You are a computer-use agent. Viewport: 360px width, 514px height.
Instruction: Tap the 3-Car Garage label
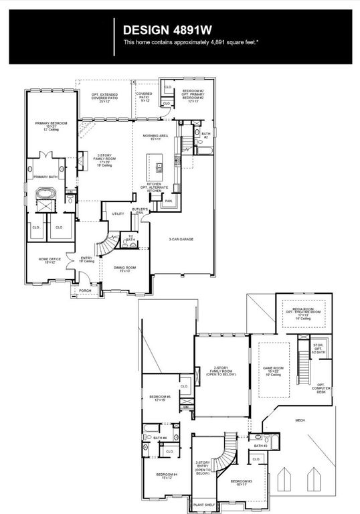[181, 239]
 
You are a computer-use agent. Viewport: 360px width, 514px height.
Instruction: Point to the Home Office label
[50, 260]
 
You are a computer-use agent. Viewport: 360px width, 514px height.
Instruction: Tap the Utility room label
[118, 213]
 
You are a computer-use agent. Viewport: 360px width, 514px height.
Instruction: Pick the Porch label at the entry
[85, 291]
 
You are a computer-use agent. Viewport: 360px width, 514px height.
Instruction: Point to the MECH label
[300, 420]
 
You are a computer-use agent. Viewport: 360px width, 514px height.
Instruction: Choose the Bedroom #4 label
[167, 477]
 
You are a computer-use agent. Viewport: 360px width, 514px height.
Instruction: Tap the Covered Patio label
[144, 98]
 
